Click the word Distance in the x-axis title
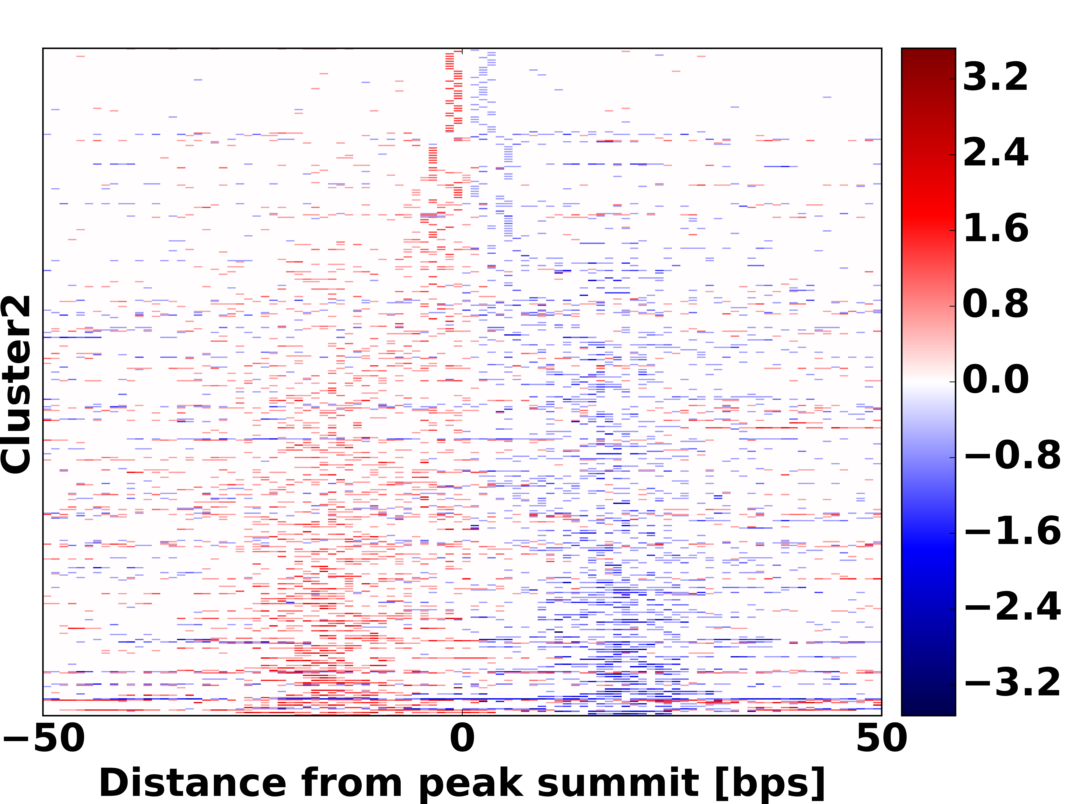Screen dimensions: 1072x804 click(x=193, y=783)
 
